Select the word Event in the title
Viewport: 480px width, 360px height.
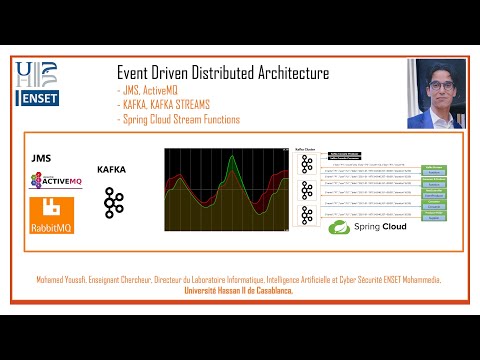pyautogui.click(x=134, y=73)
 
